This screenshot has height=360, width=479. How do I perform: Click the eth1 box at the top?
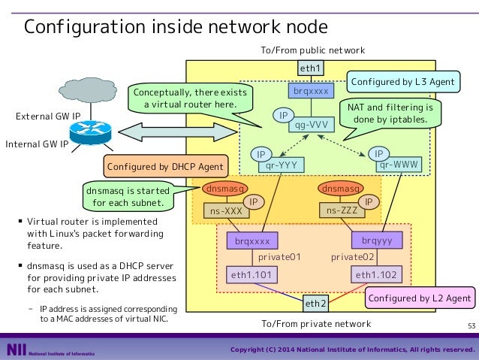click(x=311, y=68)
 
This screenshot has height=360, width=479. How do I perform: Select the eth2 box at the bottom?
click(x=315, y=304)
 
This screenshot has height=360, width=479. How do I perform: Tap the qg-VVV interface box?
click(x=312, y=125)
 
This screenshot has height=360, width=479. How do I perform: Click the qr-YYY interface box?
click(x=282, y=165)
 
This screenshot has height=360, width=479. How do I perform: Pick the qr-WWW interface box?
click(x=399, y=165)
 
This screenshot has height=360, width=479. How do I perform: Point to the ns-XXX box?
click(x=227, y=210)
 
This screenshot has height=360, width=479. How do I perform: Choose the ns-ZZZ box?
click(x=342, y=210)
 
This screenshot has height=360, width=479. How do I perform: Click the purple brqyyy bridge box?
click(x=377, y=240)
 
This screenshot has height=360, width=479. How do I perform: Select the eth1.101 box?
click(x=252, y=274)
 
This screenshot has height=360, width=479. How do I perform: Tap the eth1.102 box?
click(x=376, y=274)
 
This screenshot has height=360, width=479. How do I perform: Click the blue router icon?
click(x=90, y=132)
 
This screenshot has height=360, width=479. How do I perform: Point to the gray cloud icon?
click(x=88, y=90)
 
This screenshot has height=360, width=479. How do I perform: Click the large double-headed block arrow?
click(x=178, y=132)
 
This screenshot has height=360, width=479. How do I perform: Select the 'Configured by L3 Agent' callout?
click(x=403, y=82)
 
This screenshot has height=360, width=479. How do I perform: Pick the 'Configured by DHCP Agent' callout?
click(x=166, y=166)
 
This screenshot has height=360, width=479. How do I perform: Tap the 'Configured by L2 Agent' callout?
click(x=420, y=298)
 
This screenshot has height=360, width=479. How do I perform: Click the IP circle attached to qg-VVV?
click(x=284, y=115)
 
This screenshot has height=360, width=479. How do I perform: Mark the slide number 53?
click(x=471, y=325)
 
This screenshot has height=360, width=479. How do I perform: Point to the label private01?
click(x=279, y=257)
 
